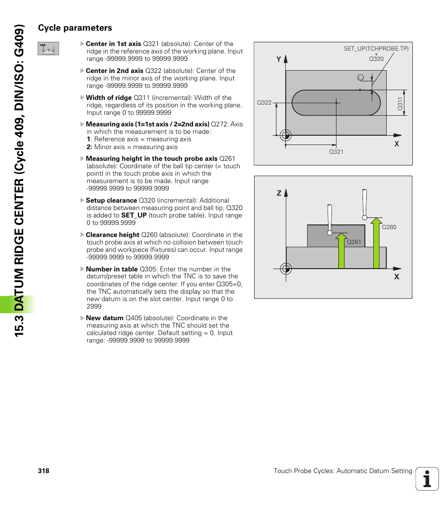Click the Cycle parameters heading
pos(75,28)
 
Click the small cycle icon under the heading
pos(48,49)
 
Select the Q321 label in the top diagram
pos(336,152)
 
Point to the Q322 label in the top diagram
pos(264,103)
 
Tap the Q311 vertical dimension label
pos(400,103)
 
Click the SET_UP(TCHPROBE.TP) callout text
pos(376,48)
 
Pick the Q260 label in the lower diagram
pos(389,227)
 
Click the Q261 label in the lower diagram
pos(354,242)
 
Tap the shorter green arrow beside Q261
pos(342,251)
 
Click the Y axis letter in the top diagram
pos(279,59)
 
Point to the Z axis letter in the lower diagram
pos(279,193)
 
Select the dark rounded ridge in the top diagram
pos(336,102)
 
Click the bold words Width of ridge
pos(108,98)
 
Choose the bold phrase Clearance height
pos(112,235)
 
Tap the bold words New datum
pos(104,318)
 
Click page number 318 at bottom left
pos(44,471)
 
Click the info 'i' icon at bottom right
pos(427,479)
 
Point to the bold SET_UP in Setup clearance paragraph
pos(134,215)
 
